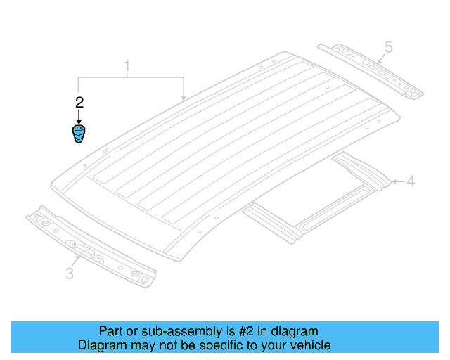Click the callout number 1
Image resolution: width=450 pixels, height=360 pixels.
pos(127,67)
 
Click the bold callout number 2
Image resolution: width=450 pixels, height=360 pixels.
pos(79,102)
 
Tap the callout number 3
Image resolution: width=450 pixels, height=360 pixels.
pos(70,273)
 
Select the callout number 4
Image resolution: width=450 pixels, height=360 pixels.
pos(411,182)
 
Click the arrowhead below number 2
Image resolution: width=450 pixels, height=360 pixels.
pos(79,120)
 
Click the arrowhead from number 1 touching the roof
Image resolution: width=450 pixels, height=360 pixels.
pos(184,98)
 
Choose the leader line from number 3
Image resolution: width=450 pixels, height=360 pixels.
pos(77,261)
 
